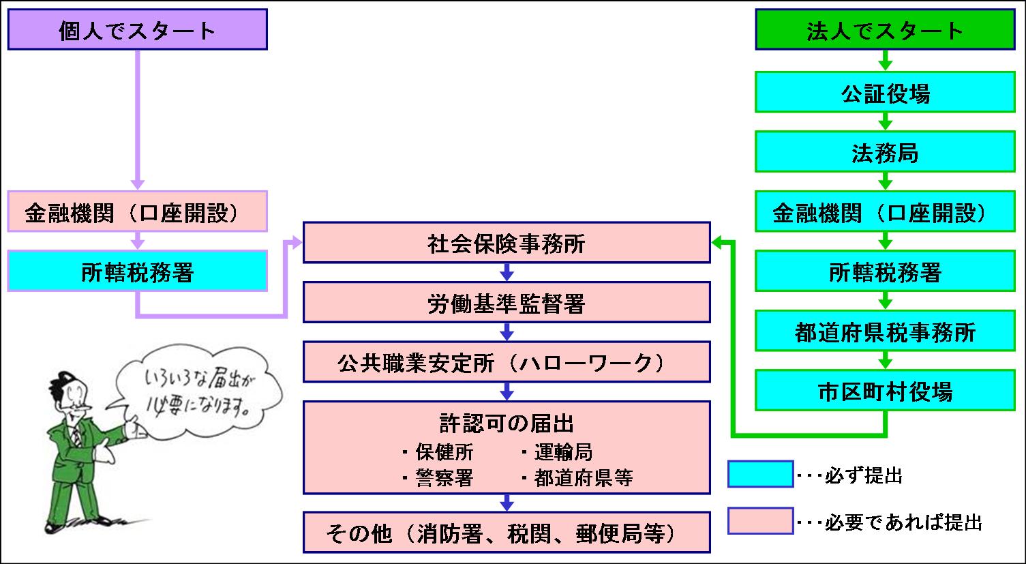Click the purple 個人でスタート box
pos(137,31)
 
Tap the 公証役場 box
pos(884,93)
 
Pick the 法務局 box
pos(884,153)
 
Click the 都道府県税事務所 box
pos(884,332)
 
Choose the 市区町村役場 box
pos(884,391)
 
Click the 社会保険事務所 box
pos(506,243)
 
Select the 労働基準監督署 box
pos(506,303)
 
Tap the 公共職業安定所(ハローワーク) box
pos(506,362)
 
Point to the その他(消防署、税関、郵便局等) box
pos(506,533)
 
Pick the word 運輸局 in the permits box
pos(563,452)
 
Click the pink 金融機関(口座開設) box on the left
pos(137,212)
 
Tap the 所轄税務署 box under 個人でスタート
pos(137,271)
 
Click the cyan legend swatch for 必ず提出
pos(759,474)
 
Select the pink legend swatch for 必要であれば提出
pos(759,521)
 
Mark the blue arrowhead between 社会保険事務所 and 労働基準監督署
pos(506,275)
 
